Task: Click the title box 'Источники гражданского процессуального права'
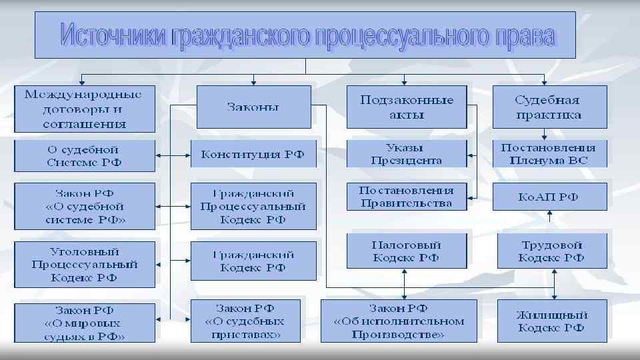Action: tap(305, 36)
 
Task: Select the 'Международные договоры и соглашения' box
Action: tap(84, 108)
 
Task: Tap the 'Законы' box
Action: tap(253, 107)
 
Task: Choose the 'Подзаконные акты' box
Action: tap(407, 107)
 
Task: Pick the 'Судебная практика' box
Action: tap(549, 107)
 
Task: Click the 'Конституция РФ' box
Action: tap(253, 154)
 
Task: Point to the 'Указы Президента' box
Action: tap(405, 153)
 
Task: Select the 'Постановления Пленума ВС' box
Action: tap(549, 153)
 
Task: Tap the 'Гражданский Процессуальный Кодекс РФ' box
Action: tap(253, 206)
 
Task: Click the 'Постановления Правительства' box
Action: tap(405, 197)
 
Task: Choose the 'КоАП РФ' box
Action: tap(549, 197)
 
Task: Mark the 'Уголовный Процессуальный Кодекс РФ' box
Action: tap(84, 264)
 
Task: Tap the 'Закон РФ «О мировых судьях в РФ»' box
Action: tap(84, 323)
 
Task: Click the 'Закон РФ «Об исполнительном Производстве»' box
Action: tap(399, 321)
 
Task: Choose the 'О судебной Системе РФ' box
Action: tap(84, 155)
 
